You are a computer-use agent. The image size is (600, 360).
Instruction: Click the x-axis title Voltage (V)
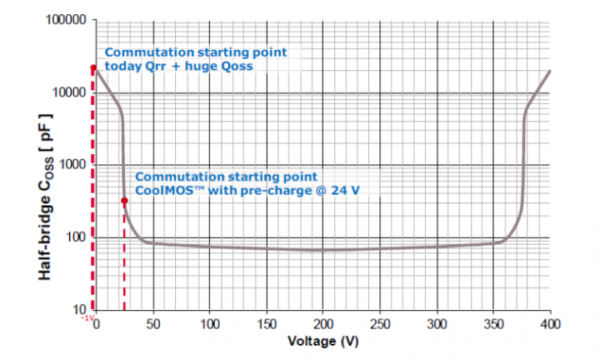[x=322, y=342]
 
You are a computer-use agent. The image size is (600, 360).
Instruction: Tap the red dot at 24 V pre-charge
[x=124, y=200]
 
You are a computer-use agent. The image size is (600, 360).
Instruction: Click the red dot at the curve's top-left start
[x=94, y=68]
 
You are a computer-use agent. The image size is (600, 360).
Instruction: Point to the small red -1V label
[x=87, y=317]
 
